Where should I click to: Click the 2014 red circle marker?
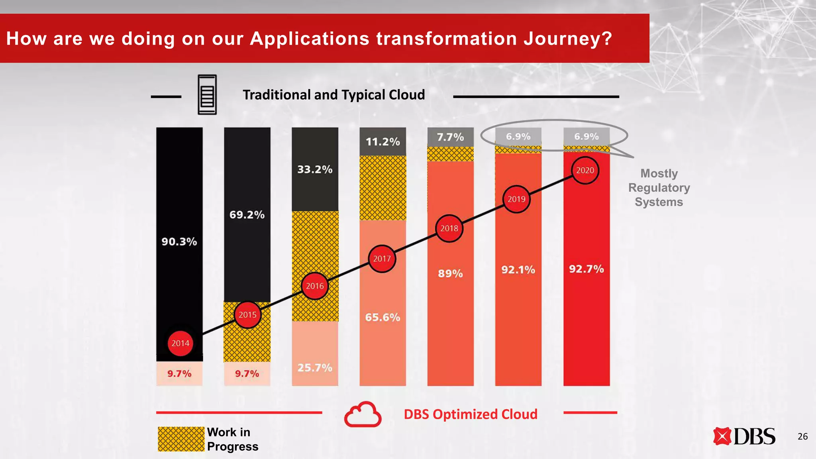(x=180, y=343)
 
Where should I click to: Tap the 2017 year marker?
(x=382, y=259)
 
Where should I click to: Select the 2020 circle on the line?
(x=585, y=171)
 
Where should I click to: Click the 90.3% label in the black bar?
(x=179, y=241)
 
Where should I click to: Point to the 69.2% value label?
(x=247, y=215)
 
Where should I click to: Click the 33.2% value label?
(x=315, y=169)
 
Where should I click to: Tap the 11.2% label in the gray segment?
(x=382, y=141)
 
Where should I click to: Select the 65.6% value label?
(x=382, y=317)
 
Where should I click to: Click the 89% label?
(x=450, y=273)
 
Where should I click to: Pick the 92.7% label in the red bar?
(x=586, y=269)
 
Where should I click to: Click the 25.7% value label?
(x=315, y=367)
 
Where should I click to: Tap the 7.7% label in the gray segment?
(x=450, y=137)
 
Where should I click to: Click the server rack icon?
(x=207, y=95)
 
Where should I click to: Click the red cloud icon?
(x=363, y=414)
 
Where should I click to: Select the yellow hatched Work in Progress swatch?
(x=181, y=439)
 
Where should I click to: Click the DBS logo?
(x=744, y=436)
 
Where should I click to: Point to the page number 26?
(x=802, y=436)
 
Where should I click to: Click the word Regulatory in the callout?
(x=659, y=188)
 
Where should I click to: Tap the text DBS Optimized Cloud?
(x=471, y=414)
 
